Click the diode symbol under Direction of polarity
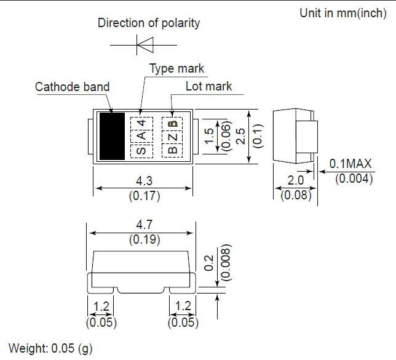[x=145, y=45]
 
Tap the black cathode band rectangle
[x=112, y=136]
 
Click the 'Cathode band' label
[x=72, y=87]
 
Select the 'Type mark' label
[x=176, y=68]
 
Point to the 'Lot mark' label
[x=208, y=86]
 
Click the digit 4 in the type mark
[x=141, y=123]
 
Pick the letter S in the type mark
[x=141, y=151]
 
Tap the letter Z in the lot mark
[x=173, y=137]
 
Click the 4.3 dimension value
[x=145, y=181]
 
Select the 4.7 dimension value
[x=145, y=225]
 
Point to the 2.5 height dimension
[x=240, y=136]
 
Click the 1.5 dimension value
[x=209, y=136]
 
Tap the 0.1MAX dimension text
[x=350, y=164]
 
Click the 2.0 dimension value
[x=296, y=180]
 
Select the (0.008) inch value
[x=226, y=262]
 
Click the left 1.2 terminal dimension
[x=101, y=306]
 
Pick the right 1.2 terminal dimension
[x=183, y=306]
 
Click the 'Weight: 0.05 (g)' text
[x=50, y=348]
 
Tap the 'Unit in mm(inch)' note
[x=343, y=13]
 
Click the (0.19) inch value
[x=145, y=239]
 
